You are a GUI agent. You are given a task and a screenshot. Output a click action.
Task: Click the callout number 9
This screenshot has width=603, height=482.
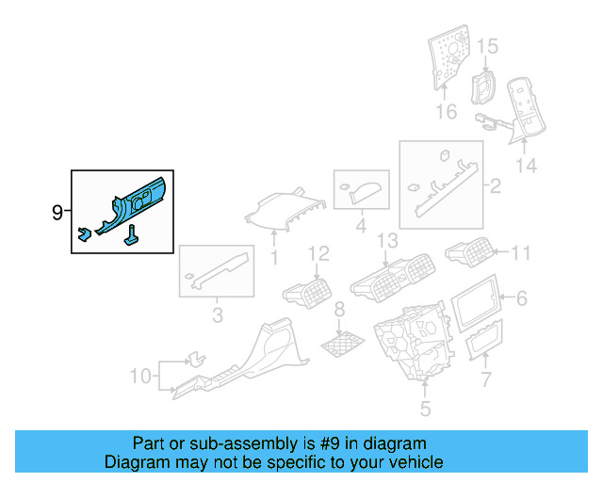pos(57,212)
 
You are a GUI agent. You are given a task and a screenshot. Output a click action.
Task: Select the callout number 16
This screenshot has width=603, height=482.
pos(446,112)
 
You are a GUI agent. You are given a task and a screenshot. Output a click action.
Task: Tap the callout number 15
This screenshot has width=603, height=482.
pos(487,46)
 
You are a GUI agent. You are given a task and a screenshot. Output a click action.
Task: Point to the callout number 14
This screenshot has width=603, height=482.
pos(526,166)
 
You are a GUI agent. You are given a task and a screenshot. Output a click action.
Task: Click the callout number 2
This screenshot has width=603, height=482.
pos(496,186)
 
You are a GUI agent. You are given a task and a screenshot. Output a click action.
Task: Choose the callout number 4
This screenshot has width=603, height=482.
pos(361,226)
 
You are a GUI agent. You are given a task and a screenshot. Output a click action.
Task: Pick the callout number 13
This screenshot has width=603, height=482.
pos(387,241)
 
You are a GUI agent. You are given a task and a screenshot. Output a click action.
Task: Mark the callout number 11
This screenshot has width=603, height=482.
pos(520,253)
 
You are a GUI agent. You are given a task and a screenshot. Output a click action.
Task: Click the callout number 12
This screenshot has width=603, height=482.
pos(318,254)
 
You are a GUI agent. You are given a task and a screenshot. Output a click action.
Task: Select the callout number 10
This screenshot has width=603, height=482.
pos(140,377)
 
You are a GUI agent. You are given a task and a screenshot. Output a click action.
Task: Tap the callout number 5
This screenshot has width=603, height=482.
pos(425,409)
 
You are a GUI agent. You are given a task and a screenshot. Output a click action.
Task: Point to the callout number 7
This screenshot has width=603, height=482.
pos(486,379)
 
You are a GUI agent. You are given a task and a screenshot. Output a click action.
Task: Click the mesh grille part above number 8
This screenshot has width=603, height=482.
pos(343,343)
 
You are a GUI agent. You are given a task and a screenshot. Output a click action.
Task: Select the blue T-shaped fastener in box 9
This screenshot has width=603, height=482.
pos(132,235)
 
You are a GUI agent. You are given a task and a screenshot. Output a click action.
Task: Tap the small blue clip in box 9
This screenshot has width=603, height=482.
pos(84,233)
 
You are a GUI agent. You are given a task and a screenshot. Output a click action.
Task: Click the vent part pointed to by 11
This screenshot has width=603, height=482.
pos(469,251)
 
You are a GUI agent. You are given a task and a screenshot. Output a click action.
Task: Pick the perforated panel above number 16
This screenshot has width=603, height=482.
pos(448,56)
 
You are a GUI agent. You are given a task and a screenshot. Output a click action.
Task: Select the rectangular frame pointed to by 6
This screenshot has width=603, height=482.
pos(476,304)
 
